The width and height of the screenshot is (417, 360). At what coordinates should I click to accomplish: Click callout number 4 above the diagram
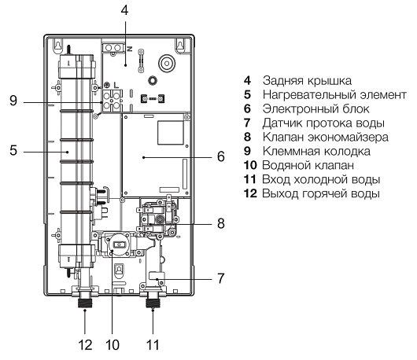124,10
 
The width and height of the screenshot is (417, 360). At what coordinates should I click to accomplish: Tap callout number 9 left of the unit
13,101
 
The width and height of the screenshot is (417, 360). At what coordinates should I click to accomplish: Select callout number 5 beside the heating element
13,150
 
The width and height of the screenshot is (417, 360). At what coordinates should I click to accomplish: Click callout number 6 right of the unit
221,156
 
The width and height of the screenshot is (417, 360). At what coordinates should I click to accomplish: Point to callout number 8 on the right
221,223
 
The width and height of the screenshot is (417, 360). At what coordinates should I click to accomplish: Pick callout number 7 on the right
221,278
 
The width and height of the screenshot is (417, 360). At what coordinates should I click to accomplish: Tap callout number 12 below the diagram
85,345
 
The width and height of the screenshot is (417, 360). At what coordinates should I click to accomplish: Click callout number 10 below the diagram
113,345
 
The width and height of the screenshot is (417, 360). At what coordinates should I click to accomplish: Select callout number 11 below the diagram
153,345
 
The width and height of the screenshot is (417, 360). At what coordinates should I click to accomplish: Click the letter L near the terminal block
116,85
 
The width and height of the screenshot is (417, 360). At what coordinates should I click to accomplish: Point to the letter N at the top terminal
130,49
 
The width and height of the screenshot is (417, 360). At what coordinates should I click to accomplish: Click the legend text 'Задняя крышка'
307,81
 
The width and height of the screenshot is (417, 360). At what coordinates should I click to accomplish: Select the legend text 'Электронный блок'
316,109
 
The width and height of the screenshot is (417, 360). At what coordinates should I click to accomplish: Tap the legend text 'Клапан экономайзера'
326,137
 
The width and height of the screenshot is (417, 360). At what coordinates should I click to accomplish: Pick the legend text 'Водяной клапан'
308,165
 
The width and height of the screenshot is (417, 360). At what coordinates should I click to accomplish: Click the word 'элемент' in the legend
382,95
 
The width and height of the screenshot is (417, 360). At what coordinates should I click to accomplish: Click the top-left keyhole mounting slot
57,44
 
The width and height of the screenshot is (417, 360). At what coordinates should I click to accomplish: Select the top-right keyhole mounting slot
180,44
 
